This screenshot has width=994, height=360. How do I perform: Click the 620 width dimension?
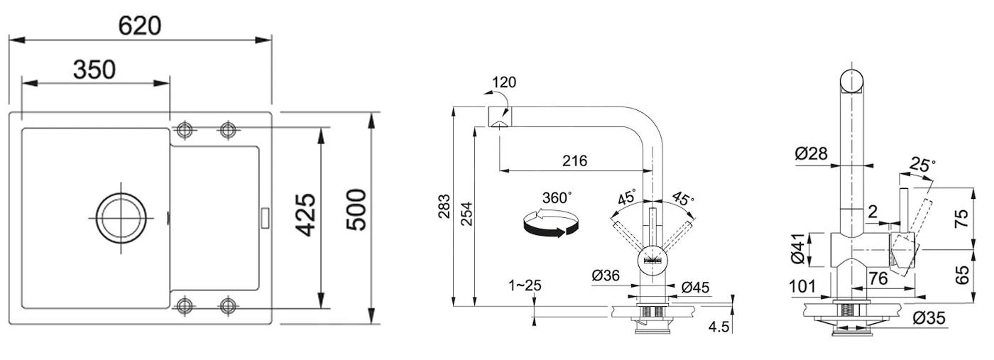(x=139, y=26)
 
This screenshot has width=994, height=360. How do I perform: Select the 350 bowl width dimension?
(x=94, y=70)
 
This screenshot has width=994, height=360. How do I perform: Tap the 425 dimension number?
(x=306, y=215)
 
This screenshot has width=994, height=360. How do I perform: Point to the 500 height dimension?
(x=356, y=210)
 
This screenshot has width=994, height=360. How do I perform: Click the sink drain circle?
(x=121, y=218)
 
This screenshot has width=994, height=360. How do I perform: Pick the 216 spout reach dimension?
(x=574, y=160)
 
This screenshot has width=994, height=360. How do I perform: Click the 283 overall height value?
(x=444, y=207)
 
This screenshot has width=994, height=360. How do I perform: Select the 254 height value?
(x=466, y=214)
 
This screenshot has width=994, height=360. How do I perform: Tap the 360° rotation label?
(x=557, y=197)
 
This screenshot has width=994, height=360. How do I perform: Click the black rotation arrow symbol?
(x=551, y=224)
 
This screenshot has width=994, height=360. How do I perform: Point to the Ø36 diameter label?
(x=606, y=276)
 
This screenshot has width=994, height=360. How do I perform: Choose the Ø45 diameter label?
(x=695, y=287)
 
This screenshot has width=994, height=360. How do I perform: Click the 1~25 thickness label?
(x=525, y=285)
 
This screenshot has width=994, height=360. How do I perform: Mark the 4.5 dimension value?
(x=719, y=327)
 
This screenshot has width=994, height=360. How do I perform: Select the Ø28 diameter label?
(x=811, y=153)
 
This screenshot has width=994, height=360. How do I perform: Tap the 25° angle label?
(x=922, y=165)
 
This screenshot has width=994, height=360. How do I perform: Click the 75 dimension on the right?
(x=961, y=219)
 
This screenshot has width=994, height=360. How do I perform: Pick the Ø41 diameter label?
(x=797, y=249)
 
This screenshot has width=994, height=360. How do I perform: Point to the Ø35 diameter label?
(x=929, y=318)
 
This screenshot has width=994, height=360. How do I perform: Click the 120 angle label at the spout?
(x=505, y=82)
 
